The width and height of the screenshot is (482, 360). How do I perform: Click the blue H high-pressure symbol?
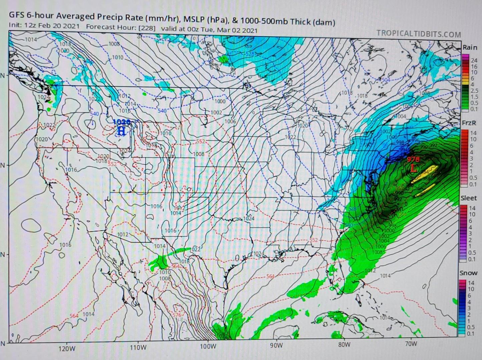pyautogui.click(x=121, y=131)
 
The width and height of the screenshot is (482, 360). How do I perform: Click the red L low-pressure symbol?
pyautogui.click(x=413, y=169)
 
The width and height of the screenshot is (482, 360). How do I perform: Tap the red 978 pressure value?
pyautogui.click(x=413, y=160)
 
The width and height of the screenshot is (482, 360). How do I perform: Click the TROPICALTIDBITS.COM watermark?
pyautogui.click(x=419, y=34)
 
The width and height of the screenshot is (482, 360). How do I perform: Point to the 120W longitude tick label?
pyautogui.click(x=67, y=349)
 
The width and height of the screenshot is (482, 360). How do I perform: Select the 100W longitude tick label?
pyautogui.click(x=208, y=346)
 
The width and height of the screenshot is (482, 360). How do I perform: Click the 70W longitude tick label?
pyautogui.click(x=411, y=344)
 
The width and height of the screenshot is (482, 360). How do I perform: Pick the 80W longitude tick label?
pyautogui.click(x=344, y=345)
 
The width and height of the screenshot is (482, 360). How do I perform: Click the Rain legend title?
pyautogui.click(x=470, y=48)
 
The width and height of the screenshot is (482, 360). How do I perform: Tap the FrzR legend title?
pyautogui.click(x=469, y=123)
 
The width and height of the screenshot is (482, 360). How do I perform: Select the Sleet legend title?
pyautogui.click(x=469, y=198)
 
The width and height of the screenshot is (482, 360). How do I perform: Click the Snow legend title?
pyautogui.click(x=468, y=273)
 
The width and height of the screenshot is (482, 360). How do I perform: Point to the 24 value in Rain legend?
pyautogui.click(x=474, y=60)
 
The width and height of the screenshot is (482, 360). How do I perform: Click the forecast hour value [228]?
pyautogui.click(x=147, y=28)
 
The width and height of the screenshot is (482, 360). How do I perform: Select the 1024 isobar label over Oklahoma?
pyautogui.click(x=249, y=219)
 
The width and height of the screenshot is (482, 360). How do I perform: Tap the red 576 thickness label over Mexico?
pyautogui.click(x=177, y=315)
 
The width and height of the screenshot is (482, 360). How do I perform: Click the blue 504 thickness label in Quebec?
pyautogui.click(x=386, y=80)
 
